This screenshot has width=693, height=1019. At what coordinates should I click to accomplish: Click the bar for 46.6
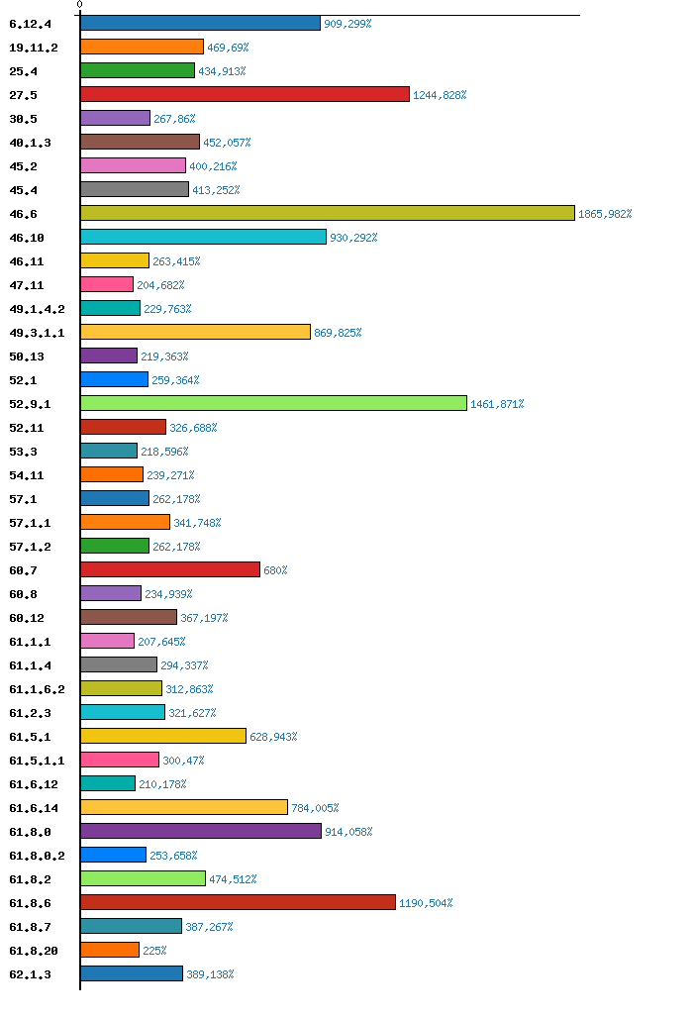327,213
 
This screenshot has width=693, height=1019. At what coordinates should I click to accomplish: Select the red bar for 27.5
245,94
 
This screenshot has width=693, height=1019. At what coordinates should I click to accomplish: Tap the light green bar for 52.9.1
273,403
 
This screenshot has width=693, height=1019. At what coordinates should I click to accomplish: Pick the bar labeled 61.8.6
238,902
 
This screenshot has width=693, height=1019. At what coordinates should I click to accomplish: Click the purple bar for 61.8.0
201,831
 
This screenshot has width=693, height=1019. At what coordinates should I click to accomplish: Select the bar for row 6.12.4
200,23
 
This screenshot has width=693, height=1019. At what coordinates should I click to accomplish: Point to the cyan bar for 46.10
203,237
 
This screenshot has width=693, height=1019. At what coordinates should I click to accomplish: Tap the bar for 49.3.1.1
195,332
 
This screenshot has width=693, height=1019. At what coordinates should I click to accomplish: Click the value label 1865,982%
605,214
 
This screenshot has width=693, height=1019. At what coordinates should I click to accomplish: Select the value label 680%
275,570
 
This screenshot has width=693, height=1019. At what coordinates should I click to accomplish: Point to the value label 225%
154,951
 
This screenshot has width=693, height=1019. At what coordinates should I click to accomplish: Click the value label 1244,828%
440,95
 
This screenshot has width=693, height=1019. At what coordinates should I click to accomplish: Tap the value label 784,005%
316,808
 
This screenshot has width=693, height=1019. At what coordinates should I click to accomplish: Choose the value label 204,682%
160,285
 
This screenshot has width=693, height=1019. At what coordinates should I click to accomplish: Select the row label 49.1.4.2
37,309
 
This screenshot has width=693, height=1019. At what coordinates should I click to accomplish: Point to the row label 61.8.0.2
37,856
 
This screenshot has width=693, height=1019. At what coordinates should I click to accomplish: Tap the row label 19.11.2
33,48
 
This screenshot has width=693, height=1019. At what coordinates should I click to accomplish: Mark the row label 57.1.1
30,523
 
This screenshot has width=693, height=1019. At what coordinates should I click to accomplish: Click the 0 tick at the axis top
80,5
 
